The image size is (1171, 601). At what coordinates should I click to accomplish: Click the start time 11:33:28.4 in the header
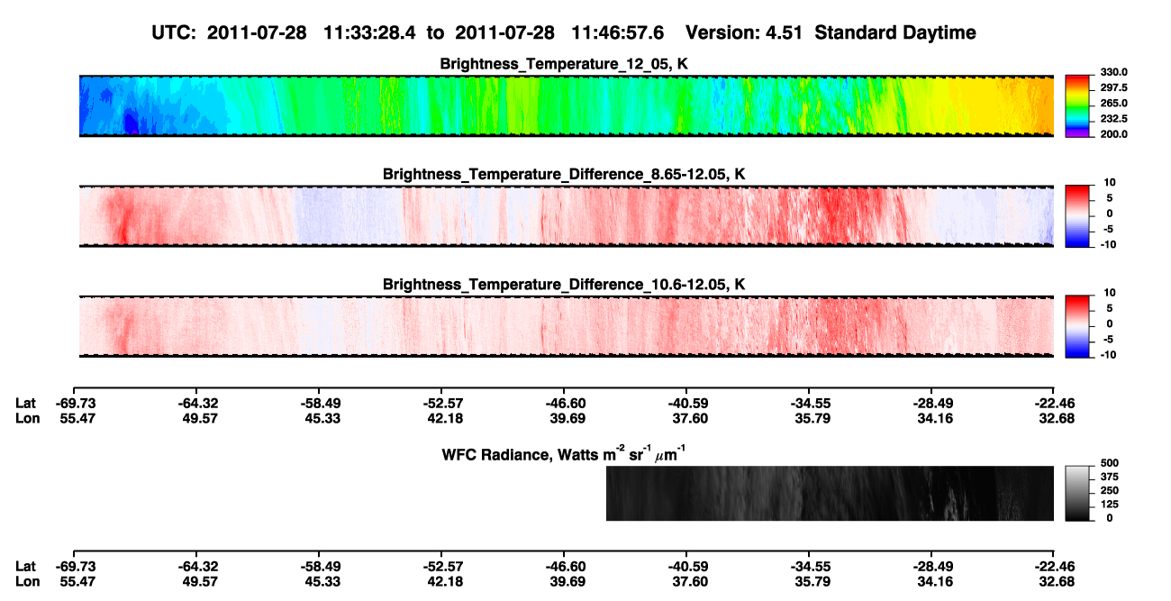tap(369, 33)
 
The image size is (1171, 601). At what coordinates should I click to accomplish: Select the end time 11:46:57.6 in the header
tap(617, 33)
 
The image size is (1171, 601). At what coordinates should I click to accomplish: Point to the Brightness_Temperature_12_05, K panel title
tap(564, 64)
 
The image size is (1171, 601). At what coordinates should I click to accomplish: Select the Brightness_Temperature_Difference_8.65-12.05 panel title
tap(564, 174)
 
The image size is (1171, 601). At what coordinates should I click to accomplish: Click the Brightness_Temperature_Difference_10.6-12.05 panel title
tap(564, 285)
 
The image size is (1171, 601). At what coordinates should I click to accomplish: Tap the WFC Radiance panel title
tap(564, 454)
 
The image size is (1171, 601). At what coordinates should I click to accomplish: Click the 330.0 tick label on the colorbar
tap(1113, 72)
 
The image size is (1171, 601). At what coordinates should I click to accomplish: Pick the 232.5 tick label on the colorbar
tap(1113, 119)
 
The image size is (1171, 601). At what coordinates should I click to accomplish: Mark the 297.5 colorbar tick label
tap(1113, 87)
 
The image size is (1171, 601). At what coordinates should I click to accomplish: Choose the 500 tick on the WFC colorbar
tap(1110, 463)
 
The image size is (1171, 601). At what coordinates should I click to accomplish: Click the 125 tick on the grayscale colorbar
tap(1110, 505)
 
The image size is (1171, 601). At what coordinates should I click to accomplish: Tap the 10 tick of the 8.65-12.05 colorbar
tap(1110, 183)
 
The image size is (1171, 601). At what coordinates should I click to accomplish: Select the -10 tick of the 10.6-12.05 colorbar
tap(1108, 355)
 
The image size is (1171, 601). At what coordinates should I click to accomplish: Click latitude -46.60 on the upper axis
tap(566, 404)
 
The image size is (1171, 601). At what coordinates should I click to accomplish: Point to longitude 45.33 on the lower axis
tap(322, 582)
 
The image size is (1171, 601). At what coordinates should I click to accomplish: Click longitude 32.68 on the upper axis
tap(1057, 418)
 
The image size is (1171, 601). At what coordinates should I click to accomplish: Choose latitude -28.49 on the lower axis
tap(933, 567)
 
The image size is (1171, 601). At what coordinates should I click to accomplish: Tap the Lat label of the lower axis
tap(25, 567)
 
